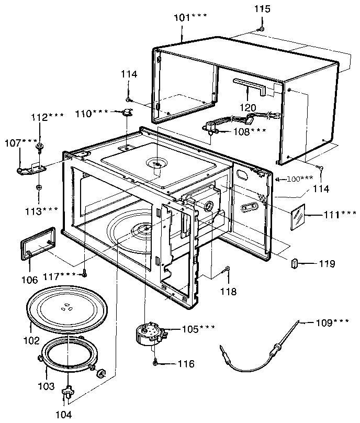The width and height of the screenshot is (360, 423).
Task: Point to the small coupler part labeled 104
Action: [x=67, y=392]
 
